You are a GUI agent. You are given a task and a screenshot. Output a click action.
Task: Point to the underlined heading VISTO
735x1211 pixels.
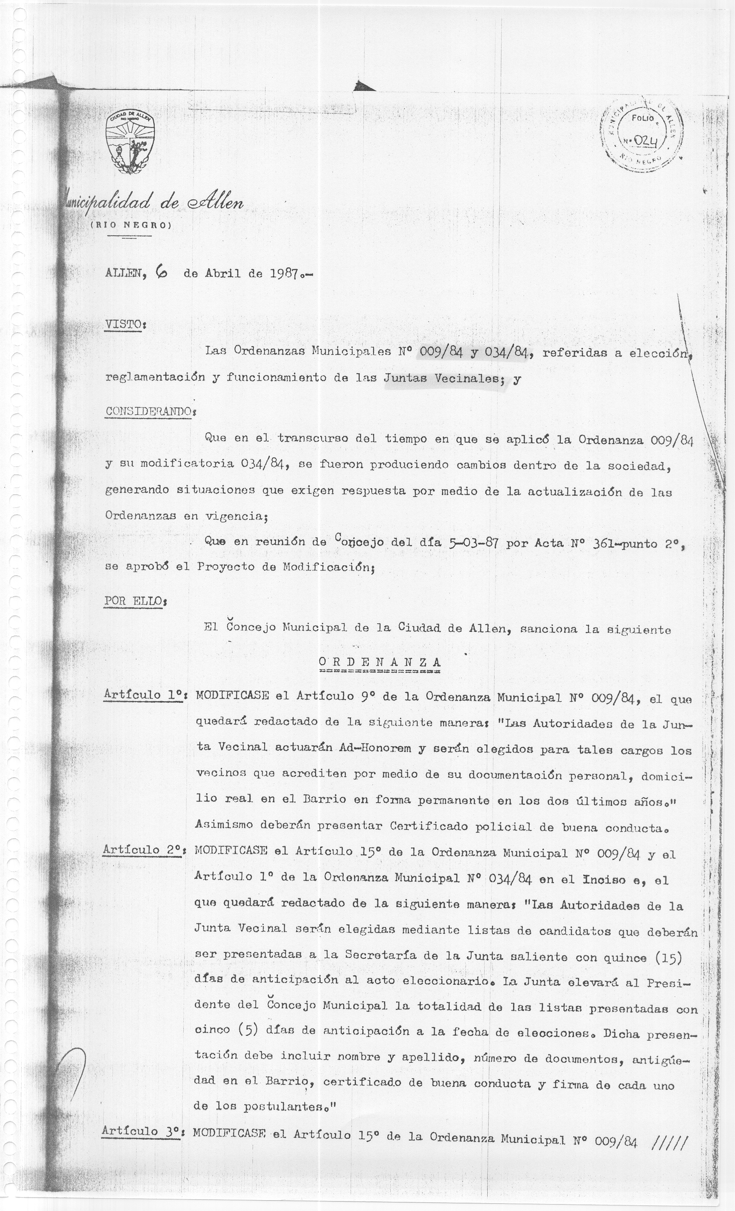point(123,325)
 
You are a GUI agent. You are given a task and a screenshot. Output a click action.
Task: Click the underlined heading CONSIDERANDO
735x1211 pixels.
point(148,411)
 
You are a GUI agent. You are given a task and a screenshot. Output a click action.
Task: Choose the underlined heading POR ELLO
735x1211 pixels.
point(133,601)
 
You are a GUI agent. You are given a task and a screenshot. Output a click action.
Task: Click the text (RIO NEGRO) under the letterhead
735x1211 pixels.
point(131,226)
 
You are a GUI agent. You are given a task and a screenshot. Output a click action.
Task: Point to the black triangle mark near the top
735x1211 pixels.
point(364,86)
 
